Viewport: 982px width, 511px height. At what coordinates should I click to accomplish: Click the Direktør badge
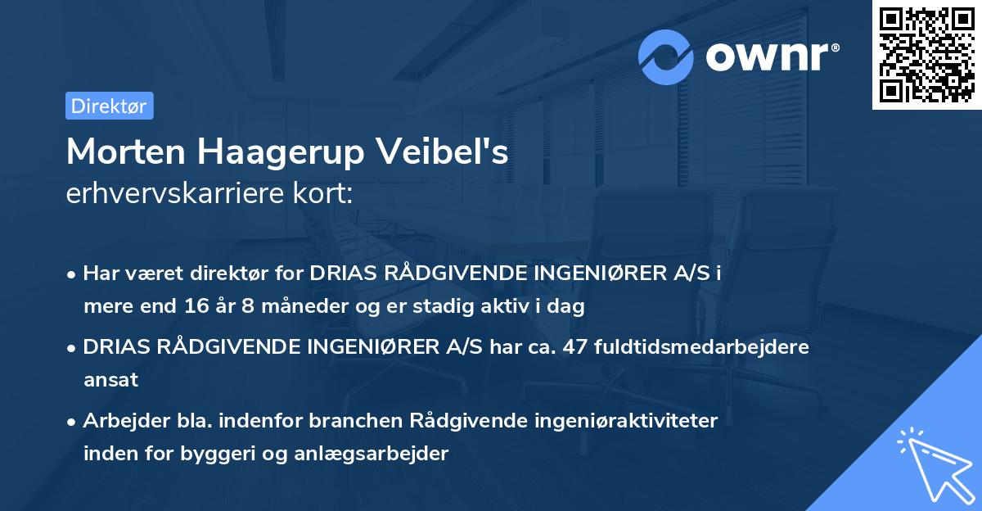click(x=109, y=106)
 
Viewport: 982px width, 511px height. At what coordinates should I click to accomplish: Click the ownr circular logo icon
click(x=666, y=57)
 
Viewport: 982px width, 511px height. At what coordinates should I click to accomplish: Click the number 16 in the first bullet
click(x=197, y=307)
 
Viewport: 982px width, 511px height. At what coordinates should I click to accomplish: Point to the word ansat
click(x=110, y=380)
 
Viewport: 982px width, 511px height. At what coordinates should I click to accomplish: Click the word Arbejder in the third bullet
click(x=117, y=421)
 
